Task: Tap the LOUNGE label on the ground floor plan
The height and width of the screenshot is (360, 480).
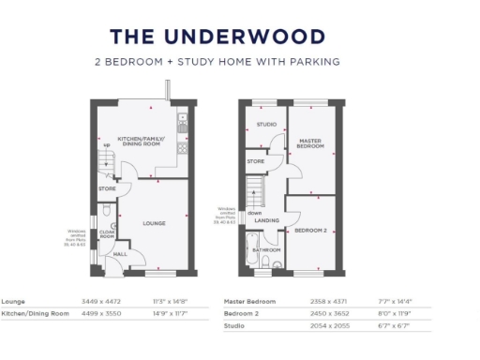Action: (154, 224)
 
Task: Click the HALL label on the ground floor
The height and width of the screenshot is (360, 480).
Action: (120, 254)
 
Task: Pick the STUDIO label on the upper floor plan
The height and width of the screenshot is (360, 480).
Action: (266, 125)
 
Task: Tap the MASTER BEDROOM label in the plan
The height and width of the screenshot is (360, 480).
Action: (309, 144)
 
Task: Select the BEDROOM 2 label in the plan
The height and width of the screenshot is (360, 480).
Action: (310, 230)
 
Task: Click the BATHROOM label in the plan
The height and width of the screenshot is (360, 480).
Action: (266, 250)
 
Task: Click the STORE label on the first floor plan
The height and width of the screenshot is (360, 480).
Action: (255, 161)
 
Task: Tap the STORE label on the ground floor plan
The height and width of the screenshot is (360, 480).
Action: (106, 189)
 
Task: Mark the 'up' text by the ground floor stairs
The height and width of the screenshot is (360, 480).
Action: (106, 146)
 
